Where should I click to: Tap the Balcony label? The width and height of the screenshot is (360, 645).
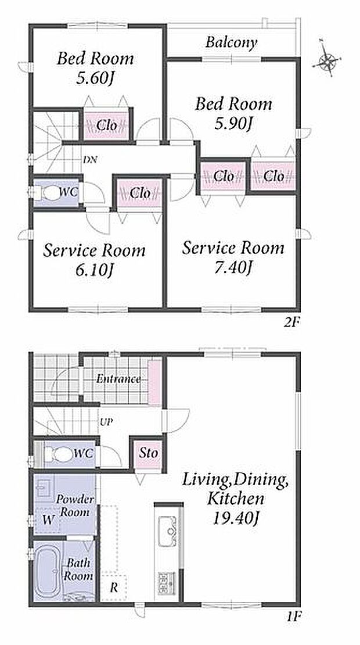[x=231, y=42]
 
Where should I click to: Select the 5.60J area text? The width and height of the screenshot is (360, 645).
[x=95, y=78]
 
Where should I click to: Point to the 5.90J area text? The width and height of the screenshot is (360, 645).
[x=233, y=123]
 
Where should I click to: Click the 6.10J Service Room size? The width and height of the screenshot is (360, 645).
[x=95, y=270]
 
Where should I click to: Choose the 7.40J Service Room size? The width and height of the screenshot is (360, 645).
[x=233, y=267]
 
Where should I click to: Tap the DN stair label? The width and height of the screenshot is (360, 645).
[x=90, y=160]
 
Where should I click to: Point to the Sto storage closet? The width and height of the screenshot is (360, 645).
[x=148, y=453]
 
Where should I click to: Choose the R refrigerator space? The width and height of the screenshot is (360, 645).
[x=114, y=588]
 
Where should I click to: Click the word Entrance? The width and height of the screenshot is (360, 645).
[x=118, y=379]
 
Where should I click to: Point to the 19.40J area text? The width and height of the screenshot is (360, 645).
[x=235, y=519]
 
